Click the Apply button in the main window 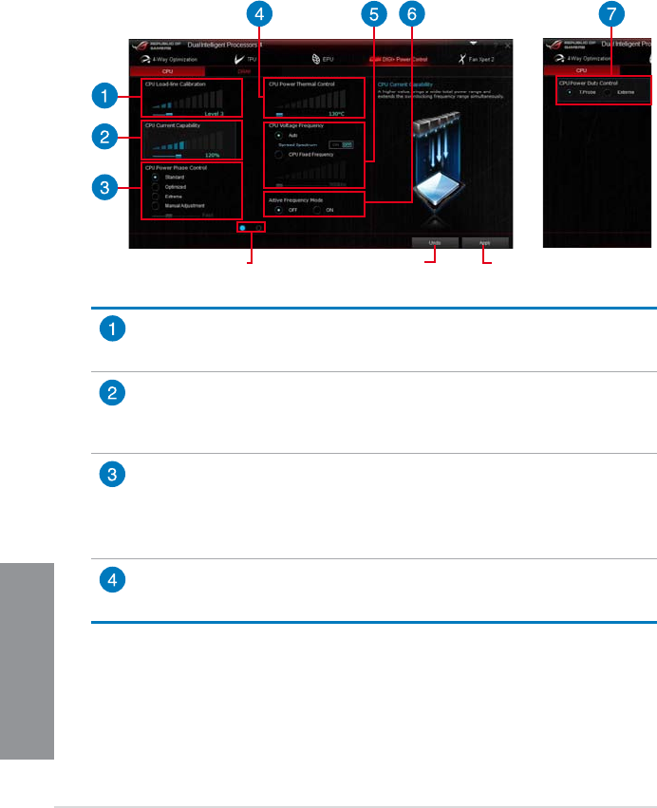pos(485,242)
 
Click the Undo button pos(434,242)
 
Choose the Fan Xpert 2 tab pos(484,59)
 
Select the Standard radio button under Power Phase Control pos(155,178)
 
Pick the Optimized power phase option pos(155,187)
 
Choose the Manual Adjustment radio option pos(155,205)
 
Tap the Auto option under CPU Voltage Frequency pos(276,136)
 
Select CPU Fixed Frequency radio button pos(276,153)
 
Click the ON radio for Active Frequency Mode pos(318,209)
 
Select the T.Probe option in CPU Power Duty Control pos(568,93)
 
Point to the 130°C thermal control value pos(336,112)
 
